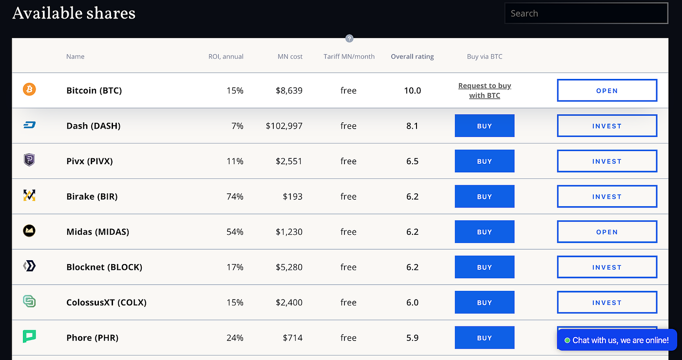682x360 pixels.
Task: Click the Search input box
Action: pyautogui.click(x=586, y=14)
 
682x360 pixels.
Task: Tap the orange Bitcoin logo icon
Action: pyautogui.click(x=29, y=89)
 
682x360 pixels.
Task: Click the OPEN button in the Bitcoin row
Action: pyautogui.click(x=607, y=91)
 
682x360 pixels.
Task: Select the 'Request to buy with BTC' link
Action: pyautogui.click(x=485, y=91)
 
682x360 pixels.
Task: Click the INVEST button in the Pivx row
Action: pyautogui.click(x=607, y=161)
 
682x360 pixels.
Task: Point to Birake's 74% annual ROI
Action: pyautogui.click(x=235, y=197)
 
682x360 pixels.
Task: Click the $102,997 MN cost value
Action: pyautogui.click(x=284, y=126)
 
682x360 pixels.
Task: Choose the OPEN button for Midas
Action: pyautogui.click(x=607, y=232)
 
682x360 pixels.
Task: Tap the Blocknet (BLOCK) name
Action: pyautogui.click(x=104, y=267)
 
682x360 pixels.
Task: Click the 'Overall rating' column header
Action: pyautogui.click(x=412, y=57)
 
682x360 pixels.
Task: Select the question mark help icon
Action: pyautogui.click(x=349, y=38)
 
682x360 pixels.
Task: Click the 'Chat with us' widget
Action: pyautogui.click(x=617, y=340)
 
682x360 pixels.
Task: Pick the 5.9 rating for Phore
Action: pyautogui.click(x=412, y=338)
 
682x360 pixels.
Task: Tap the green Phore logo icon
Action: pyautogui.click(x=29, y=336)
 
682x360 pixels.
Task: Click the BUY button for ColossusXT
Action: pyautogui.click(x=484, y=303)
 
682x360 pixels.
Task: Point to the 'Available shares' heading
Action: pyautogui.click(x=74, y=13)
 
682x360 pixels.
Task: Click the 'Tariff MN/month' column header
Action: pyautogui.click(x=349, y=57)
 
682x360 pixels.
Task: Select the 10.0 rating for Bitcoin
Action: pyautogui.click(x=412, y=91)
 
